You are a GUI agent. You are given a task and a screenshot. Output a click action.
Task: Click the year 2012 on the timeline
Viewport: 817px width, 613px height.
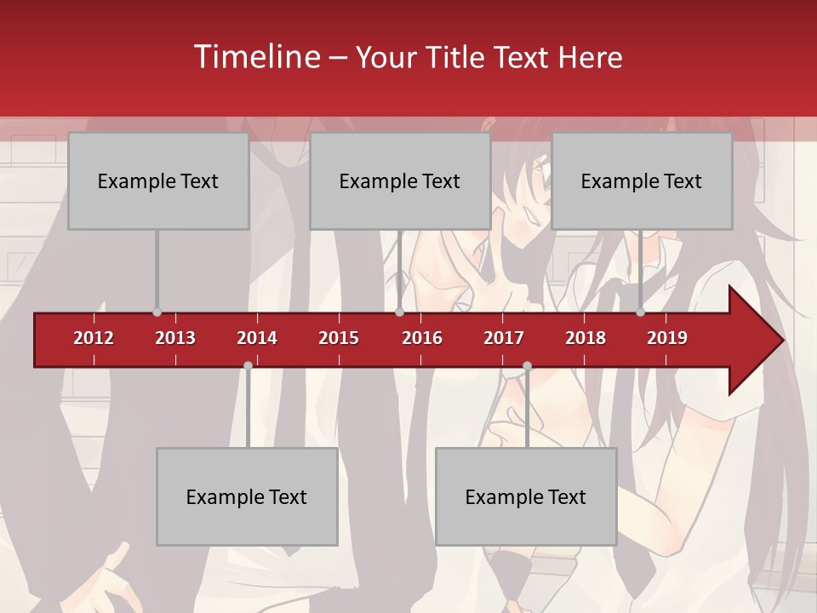coord(94,338)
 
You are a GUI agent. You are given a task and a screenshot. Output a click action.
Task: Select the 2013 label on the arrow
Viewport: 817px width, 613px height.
coord(175,338)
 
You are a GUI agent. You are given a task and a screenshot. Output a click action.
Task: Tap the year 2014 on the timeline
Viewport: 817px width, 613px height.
coord(257,338)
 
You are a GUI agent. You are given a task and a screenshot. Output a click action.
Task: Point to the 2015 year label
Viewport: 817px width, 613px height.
coord(339,338)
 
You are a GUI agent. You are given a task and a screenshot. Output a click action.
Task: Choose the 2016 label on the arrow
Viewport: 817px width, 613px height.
coord(422,338)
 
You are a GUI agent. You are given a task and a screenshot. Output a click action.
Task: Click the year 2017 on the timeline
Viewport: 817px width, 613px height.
coord(504,338)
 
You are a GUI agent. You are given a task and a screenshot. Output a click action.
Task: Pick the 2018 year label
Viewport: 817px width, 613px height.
coord(586,338)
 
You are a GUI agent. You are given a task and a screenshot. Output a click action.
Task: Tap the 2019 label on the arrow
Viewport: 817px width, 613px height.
coord(667,338)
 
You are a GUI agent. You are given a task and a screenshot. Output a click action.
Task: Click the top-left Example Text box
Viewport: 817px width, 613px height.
coord(158,181)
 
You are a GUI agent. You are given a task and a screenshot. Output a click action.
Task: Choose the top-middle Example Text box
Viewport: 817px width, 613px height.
coord(400,181)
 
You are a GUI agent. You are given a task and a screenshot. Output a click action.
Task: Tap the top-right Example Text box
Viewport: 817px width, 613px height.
coord(642,181)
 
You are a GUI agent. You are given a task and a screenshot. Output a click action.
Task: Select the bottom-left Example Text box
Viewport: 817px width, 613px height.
coord(247,497)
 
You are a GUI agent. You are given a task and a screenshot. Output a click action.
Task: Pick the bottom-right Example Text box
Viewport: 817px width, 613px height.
coord(526,497)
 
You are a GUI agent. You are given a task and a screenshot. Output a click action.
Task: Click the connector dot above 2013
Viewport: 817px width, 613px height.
coord(157,312)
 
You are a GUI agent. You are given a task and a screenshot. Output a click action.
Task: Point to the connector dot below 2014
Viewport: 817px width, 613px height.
coord(248,365)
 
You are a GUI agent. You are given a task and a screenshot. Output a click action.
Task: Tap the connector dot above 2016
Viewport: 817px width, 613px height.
coord(399,312)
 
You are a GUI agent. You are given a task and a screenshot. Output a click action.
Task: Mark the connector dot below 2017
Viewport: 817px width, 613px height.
coord(527,365)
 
